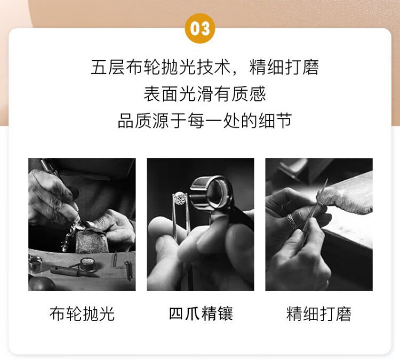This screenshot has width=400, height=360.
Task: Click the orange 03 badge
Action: tap(200, 28)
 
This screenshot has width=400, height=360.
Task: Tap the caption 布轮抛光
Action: tap(82, 314)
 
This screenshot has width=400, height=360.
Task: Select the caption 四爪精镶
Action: tap(201, 314)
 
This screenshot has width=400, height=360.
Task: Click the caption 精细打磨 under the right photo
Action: tap(319, 314)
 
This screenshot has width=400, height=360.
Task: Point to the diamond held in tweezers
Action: tap(180, 198)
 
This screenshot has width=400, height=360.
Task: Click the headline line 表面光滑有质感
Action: tap(205, 94)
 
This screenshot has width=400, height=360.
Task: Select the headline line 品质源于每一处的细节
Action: tap(205, 121)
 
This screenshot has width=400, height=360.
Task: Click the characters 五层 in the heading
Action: tap(108, 67)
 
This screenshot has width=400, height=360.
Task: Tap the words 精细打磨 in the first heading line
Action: tap(284, 67)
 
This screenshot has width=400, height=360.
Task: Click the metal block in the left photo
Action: tap(91, 242)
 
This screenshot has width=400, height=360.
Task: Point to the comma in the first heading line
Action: tap(235, 73)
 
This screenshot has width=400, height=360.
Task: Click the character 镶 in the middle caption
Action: tap(225, 314)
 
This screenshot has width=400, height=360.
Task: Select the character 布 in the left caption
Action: tap(58, 314)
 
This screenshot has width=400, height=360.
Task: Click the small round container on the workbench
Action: tap(87, 265)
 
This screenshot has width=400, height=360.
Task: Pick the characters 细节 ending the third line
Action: tap(275, 121)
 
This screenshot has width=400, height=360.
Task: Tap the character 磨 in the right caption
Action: tap(343, 314)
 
